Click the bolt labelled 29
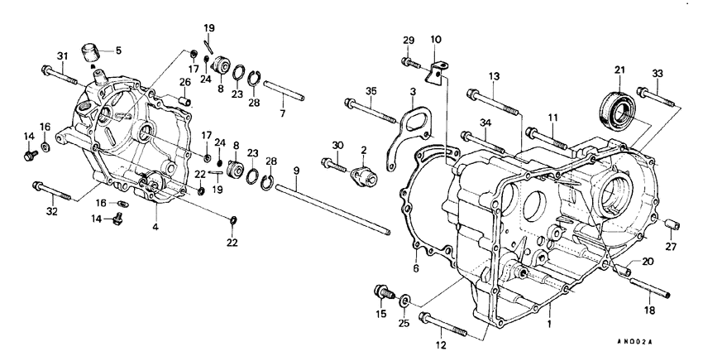(x=409, y=60)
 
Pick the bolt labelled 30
(x=335, y=166)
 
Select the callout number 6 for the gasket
(x=416, y=267)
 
